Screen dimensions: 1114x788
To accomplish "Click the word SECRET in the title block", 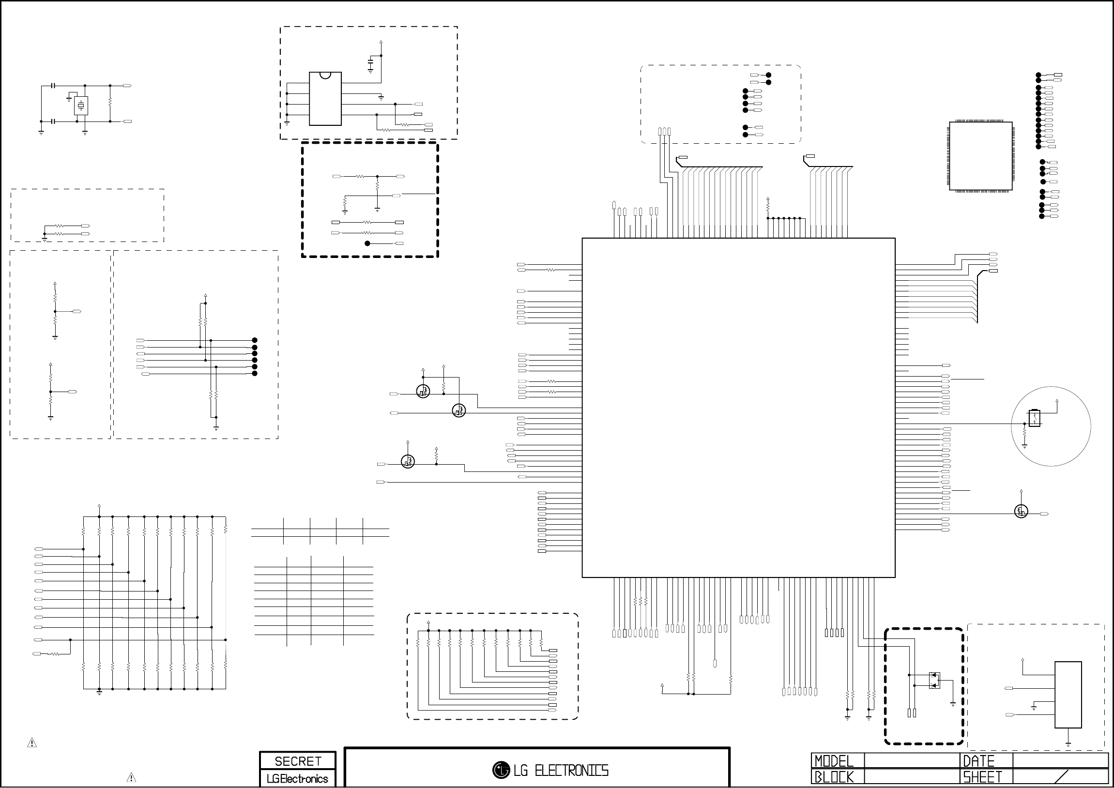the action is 298,761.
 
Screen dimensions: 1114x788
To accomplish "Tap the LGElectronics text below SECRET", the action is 297,779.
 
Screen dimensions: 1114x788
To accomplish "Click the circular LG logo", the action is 501,770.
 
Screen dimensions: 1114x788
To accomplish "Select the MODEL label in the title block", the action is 834,761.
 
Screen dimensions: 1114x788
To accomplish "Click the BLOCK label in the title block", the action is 834,777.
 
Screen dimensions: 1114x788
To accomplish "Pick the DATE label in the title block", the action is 978,761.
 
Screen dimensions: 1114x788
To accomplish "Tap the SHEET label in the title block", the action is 982,777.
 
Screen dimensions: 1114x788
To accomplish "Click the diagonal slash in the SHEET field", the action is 1062,777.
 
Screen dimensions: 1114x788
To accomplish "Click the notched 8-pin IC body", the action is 325,99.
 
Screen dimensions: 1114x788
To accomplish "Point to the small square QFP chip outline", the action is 980,156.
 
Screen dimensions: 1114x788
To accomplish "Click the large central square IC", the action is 738,408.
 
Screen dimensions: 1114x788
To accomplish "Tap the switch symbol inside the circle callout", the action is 1034,418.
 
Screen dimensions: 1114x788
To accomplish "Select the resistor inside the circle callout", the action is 1024,432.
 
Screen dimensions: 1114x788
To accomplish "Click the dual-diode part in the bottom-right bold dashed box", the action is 934,680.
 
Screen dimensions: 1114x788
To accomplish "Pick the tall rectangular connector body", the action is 1068,695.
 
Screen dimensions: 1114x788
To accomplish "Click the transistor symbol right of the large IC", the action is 1021,512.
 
